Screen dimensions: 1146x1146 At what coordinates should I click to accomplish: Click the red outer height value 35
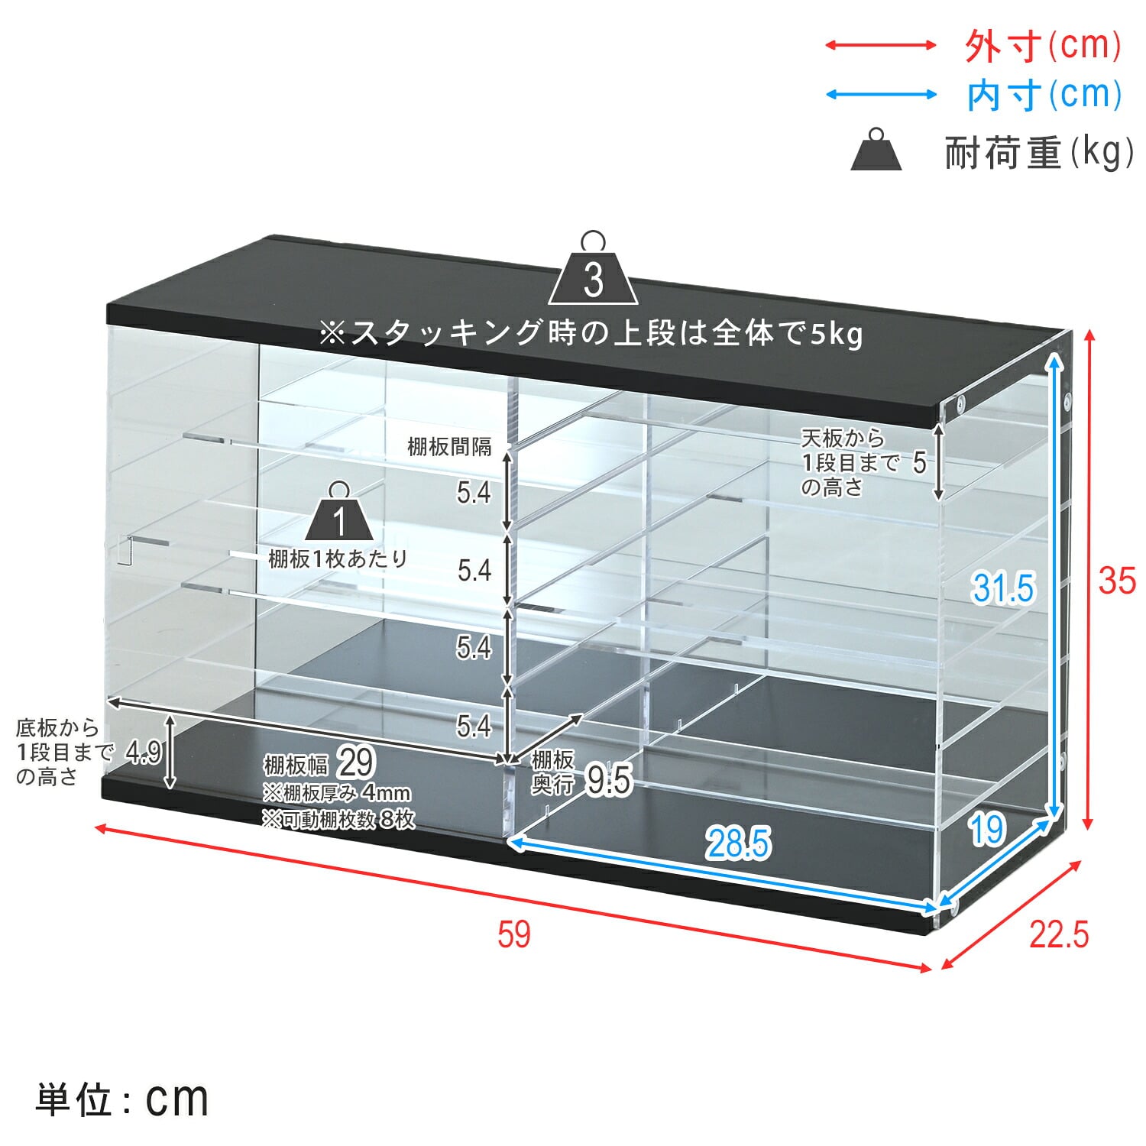coord(1117,581)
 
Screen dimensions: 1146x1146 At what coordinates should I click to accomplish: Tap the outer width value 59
coord(513,934)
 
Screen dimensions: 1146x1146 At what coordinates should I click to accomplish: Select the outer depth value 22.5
coord(1059,934)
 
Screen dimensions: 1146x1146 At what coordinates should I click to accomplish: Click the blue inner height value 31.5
coord(1003,588)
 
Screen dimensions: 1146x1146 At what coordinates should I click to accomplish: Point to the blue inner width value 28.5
coord(738,843)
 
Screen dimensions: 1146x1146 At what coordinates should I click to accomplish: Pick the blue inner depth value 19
coord(987,829)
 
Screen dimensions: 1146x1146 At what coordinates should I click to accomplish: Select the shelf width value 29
coord(356,762)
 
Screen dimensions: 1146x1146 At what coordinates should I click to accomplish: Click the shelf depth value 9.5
coord(609,780)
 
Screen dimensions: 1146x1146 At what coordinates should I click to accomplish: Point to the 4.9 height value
coord(144,753)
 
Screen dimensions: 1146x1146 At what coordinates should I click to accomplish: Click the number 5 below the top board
coord(919,462)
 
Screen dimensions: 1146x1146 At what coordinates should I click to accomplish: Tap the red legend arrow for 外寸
coord(881,45)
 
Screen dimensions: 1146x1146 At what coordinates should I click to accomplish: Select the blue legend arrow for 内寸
coord(881,95)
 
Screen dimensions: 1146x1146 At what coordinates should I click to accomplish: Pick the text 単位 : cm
coord(121,1099)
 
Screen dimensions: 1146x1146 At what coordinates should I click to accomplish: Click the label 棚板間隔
coord(449,447)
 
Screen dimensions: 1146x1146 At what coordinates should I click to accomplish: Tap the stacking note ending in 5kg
coord(591,333)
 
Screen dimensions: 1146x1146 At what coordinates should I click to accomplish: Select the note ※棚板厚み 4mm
coord(336,792)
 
